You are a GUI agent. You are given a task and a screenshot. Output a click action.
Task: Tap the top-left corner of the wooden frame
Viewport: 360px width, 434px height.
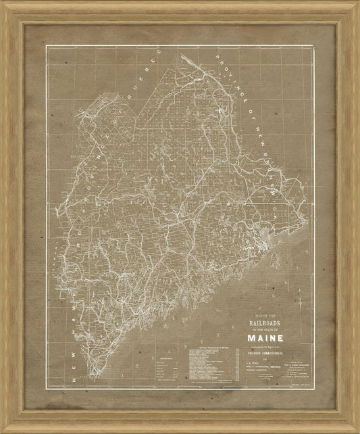(3, 3)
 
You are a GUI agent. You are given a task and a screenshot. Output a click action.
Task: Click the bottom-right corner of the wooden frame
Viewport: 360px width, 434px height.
(357, 431)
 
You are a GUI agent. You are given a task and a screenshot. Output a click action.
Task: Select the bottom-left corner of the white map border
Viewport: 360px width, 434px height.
(45, 388)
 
